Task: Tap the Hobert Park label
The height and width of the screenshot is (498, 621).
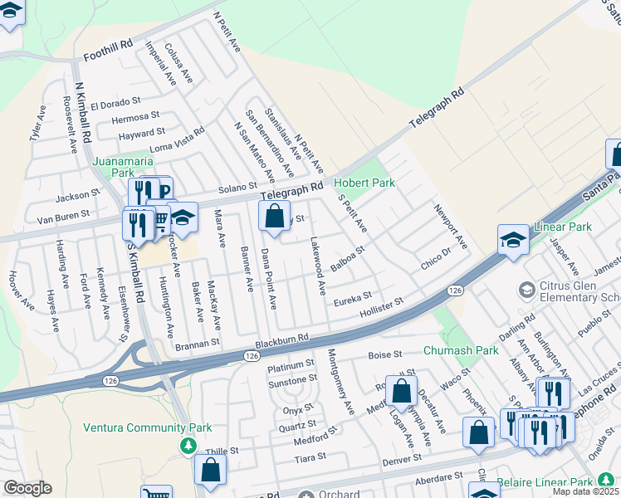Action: (364, 183)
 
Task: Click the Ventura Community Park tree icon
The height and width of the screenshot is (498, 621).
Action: (189, 446)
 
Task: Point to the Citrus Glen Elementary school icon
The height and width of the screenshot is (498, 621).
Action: (526, 290)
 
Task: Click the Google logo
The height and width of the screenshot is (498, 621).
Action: (27, 488)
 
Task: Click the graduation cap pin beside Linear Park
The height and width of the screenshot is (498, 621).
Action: (513, 241)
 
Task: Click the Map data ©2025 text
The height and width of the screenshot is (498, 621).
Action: (586, 491)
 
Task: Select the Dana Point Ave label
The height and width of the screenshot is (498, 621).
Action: (268, 279)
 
